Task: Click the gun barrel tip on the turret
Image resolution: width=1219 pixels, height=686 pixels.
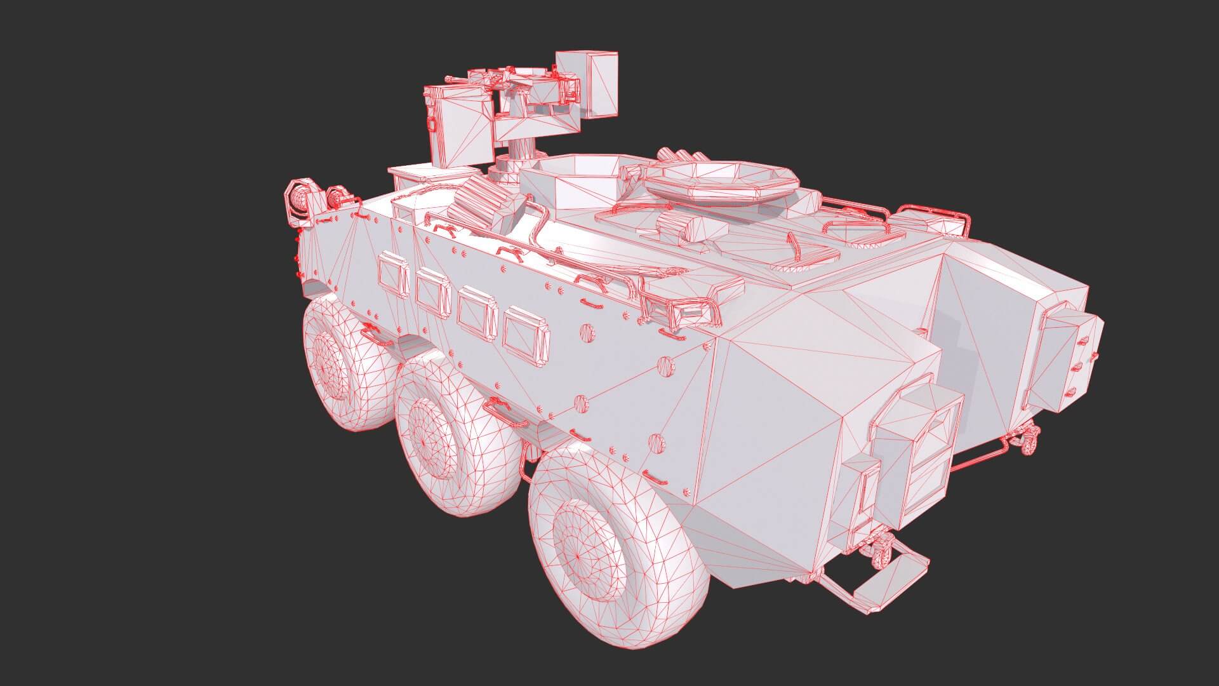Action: click(448, 79)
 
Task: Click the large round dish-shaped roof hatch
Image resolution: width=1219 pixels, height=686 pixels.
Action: click(721, 179)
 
